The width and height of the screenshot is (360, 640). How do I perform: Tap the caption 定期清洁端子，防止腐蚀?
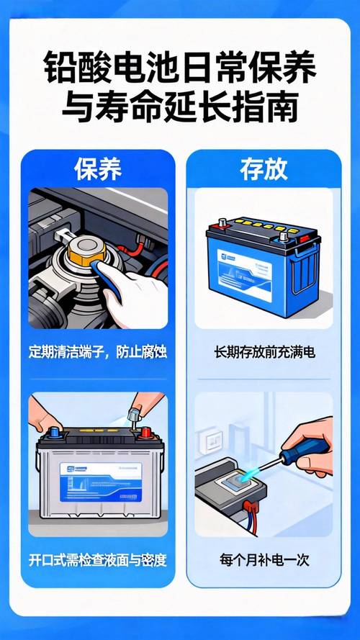[98, 353]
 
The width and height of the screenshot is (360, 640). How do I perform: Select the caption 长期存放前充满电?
[264, 353]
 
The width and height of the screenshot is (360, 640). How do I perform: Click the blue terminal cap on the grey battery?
[53, 434]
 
